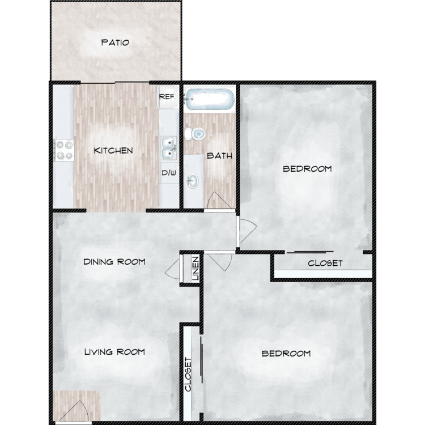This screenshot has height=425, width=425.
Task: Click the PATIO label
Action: click(115, 42)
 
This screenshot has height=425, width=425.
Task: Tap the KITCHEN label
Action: click(113, 151)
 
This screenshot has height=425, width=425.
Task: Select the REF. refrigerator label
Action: click(167, 97)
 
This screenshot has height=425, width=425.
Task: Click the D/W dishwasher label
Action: click(169, 173)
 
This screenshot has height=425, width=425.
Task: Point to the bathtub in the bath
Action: click(209, 99)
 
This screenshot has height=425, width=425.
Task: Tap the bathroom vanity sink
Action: click(193, 181)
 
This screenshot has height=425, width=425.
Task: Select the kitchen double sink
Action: click(169, 148)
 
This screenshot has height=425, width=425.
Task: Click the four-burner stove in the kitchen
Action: click(64, 150)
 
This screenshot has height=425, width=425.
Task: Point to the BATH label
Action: click(219, 156)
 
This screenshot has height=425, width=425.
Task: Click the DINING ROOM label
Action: click(114, 262)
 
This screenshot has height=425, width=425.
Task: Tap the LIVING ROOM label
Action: click(114, 352)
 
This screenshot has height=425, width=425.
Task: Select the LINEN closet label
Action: click(195, 269)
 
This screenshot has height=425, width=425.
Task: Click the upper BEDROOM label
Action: click(307, 169)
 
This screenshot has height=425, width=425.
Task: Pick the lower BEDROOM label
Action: click(286, 354)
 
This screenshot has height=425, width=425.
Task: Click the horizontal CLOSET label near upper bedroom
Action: click(325, 263)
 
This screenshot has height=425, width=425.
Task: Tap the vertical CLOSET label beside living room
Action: click(188, 375)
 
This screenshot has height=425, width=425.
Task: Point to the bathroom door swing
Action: click(220, 201)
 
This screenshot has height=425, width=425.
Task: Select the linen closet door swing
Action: click(173, 269)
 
